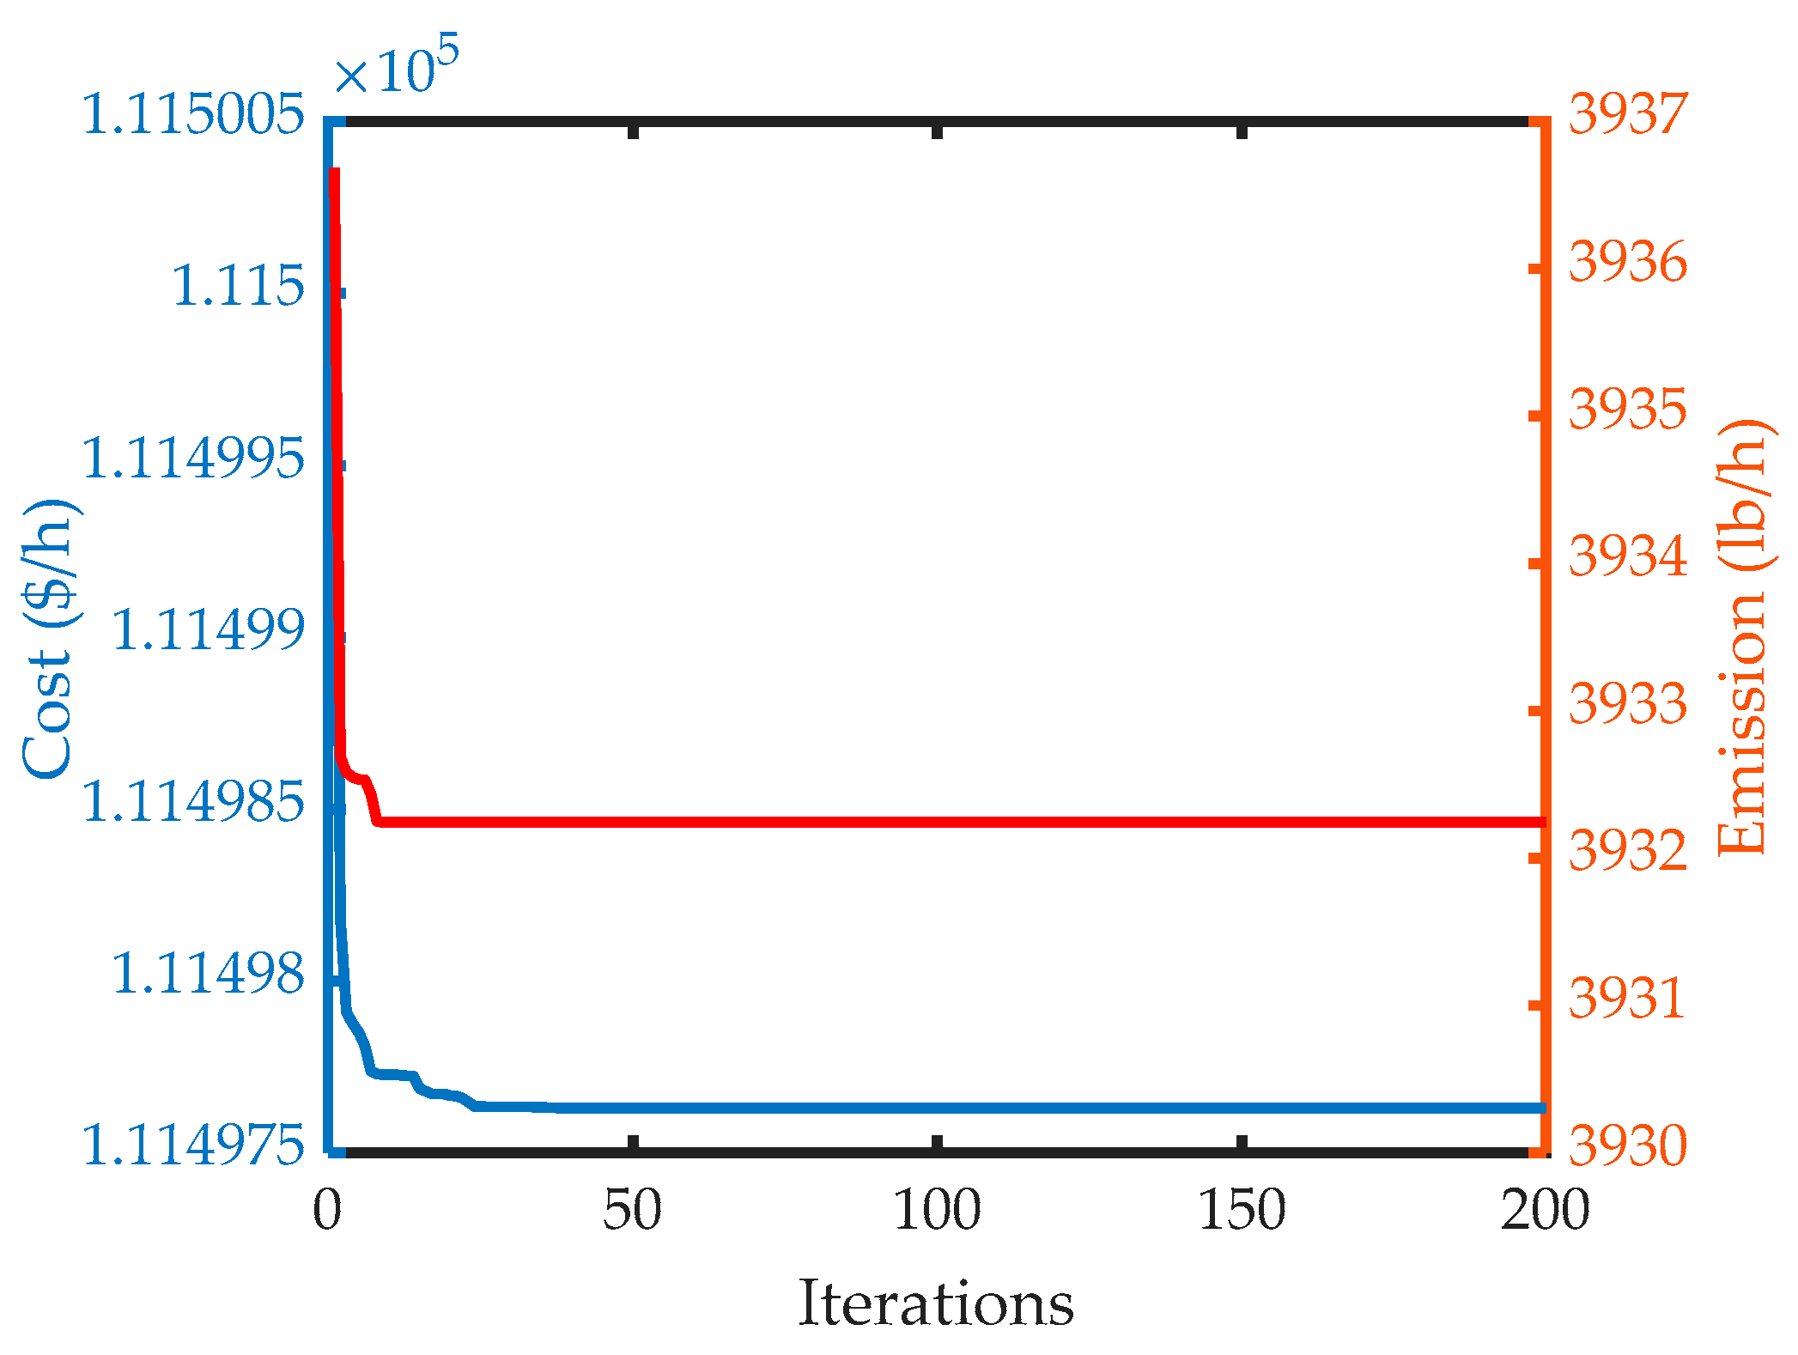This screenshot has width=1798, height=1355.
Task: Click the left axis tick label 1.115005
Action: tap(194, 114)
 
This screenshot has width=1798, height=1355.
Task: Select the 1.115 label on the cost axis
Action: tap(239, 286)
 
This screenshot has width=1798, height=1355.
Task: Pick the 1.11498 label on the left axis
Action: tap(209, 974)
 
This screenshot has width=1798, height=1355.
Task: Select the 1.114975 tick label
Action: tap(194, 1145)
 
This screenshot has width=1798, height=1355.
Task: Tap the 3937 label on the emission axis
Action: tap(1628, 114)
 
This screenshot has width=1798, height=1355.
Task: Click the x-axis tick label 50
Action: tap(632, 1211)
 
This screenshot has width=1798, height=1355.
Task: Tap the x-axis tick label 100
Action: tap(937, 1211)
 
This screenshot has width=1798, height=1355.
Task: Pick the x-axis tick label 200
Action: tap(1545, 1211)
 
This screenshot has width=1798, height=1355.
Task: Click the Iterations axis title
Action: tap(936, 1304)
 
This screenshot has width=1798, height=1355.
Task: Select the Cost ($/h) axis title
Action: tap(52, 639)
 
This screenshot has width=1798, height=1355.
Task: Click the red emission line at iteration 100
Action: tap(937, 823)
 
